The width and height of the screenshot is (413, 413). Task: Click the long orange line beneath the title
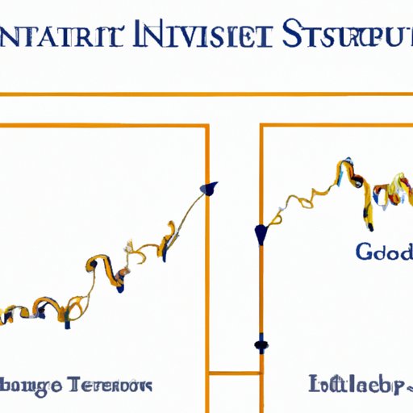click(206, 95)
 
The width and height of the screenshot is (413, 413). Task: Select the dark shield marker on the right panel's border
click(261, 234)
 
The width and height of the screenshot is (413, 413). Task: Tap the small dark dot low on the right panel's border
click(260, 344)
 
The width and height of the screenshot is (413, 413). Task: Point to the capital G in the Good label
click(363, 252)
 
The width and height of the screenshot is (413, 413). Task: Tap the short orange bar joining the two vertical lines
click(234, 373)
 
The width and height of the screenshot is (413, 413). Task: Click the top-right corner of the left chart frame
click(209, 126)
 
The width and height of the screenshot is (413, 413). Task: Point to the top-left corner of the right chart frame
click(261, 126)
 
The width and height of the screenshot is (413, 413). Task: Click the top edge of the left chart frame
click(105, 126)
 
